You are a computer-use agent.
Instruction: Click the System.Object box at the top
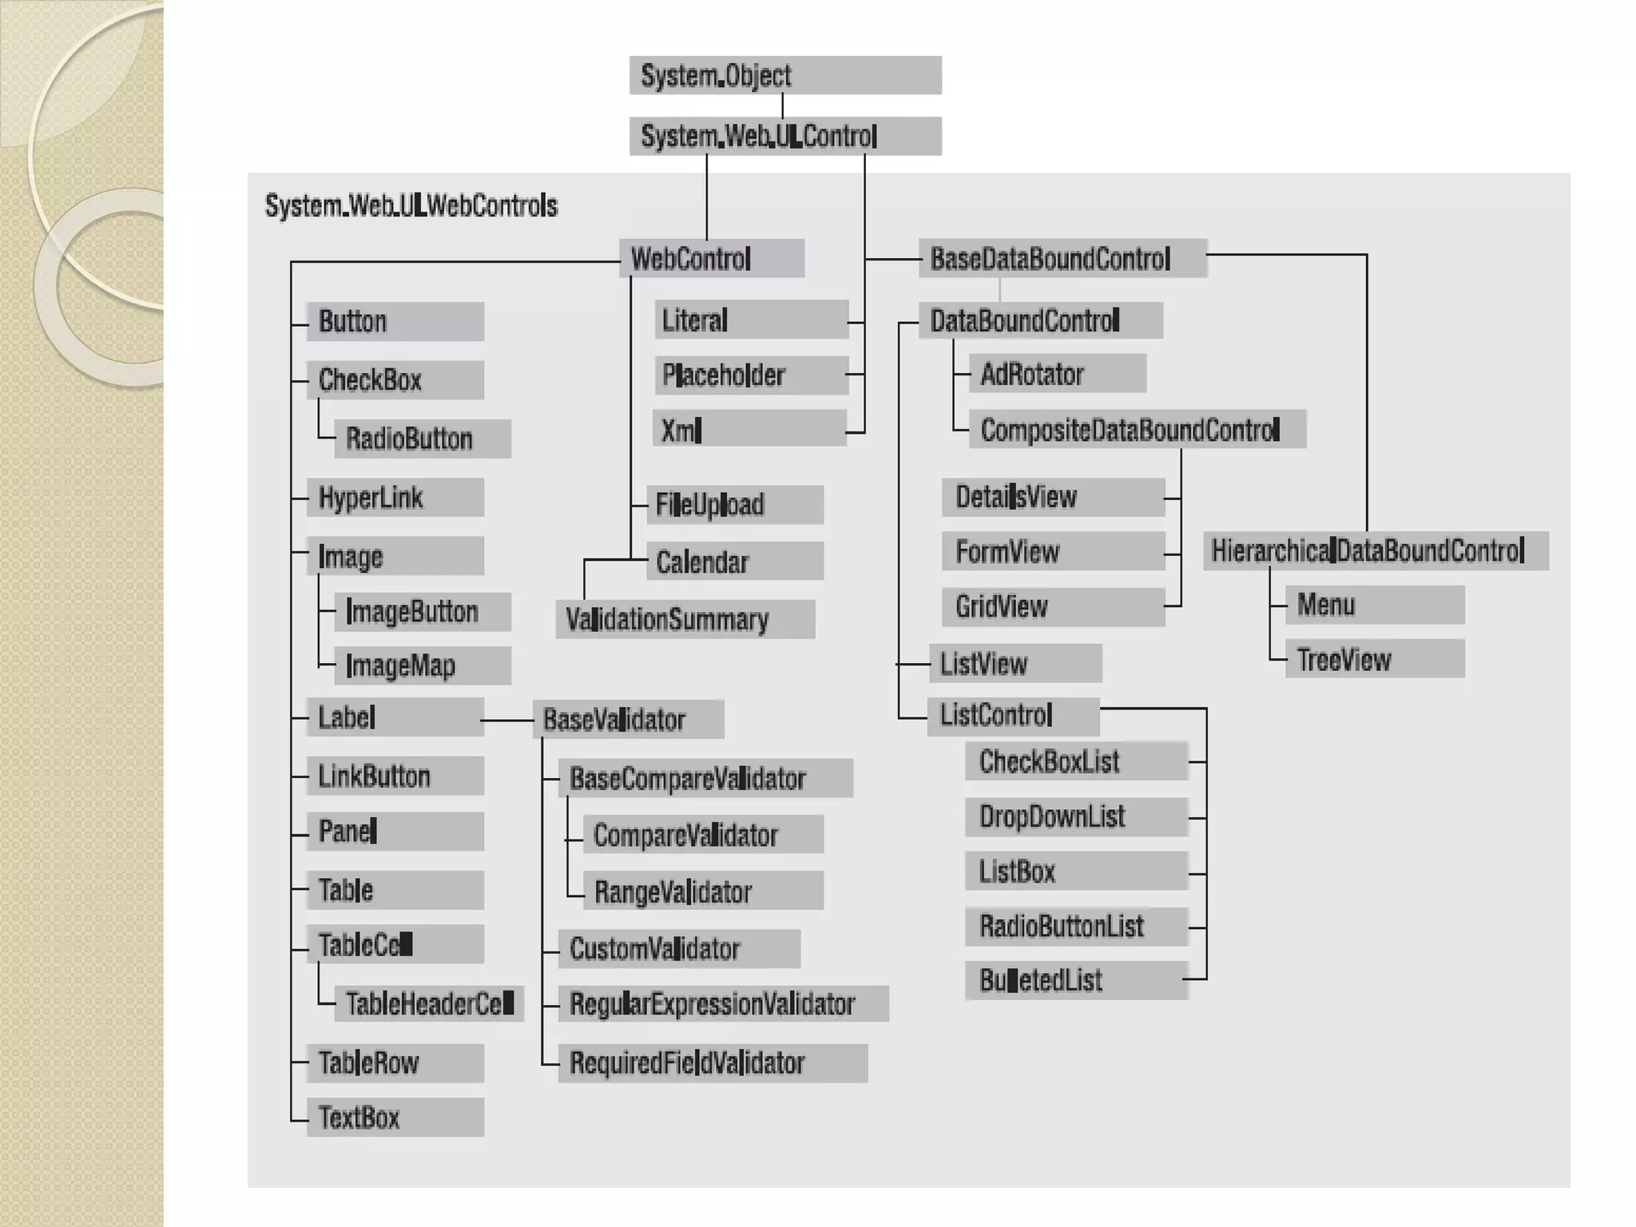(785, 75)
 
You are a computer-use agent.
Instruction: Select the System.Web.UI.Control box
(785, 136)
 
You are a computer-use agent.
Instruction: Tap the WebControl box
(711, 259)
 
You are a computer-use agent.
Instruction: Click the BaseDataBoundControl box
(1062, 259)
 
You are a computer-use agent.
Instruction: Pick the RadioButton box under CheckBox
(422, 439)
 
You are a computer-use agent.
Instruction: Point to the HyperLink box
(395, 498)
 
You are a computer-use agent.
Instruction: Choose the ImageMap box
(422, 665)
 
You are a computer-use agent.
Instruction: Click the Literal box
(751, 320)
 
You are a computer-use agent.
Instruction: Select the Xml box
(749, 430)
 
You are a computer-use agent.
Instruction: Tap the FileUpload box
(735, 504)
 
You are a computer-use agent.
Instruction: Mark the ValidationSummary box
(685, 619)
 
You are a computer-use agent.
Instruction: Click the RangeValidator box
(703, 891)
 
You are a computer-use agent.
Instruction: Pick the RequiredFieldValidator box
(713, 1063)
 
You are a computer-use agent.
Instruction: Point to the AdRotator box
(1058, 374)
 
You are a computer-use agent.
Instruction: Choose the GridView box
(1053, 606)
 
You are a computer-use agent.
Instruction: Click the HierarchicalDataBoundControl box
(1376, 550)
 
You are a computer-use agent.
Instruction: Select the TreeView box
(1375, 659)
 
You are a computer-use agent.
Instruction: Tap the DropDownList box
(1076, 816)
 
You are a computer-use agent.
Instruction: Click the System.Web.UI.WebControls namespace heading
(411, 206)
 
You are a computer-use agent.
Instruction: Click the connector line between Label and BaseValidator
(508, 721)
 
